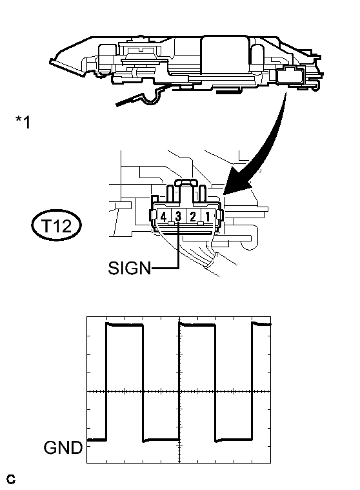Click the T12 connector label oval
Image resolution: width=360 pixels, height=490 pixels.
[57, 225]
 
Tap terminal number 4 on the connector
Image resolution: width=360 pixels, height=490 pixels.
[163, 216]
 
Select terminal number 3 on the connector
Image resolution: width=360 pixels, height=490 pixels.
[178, 216]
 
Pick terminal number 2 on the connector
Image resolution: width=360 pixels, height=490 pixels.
[193, 216]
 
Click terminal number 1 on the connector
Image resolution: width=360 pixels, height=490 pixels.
[208, 216]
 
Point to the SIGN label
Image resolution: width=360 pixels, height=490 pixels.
[129, 268]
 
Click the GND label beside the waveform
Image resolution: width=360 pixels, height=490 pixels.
[63, 447]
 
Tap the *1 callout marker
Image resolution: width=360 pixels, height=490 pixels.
[23, 122]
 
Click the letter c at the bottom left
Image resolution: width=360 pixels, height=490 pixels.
[10, 479]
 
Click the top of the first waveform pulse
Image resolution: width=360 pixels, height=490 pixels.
[125, 325]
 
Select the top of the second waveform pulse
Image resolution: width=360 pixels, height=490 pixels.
[197, 325]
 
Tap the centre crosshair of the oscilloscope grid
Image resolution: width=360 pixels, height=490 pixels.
[179, 391]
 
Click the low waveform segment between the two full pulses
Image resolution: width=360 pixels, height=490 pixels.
[161, 440]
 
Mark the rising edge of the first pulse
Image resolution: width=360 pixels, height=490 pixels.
[106, 382]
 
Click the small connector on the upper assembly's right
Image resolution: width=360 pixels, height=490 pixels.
[290, 75]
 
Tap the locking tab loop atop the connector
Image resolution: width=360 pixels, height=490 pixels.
[186, 182]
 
